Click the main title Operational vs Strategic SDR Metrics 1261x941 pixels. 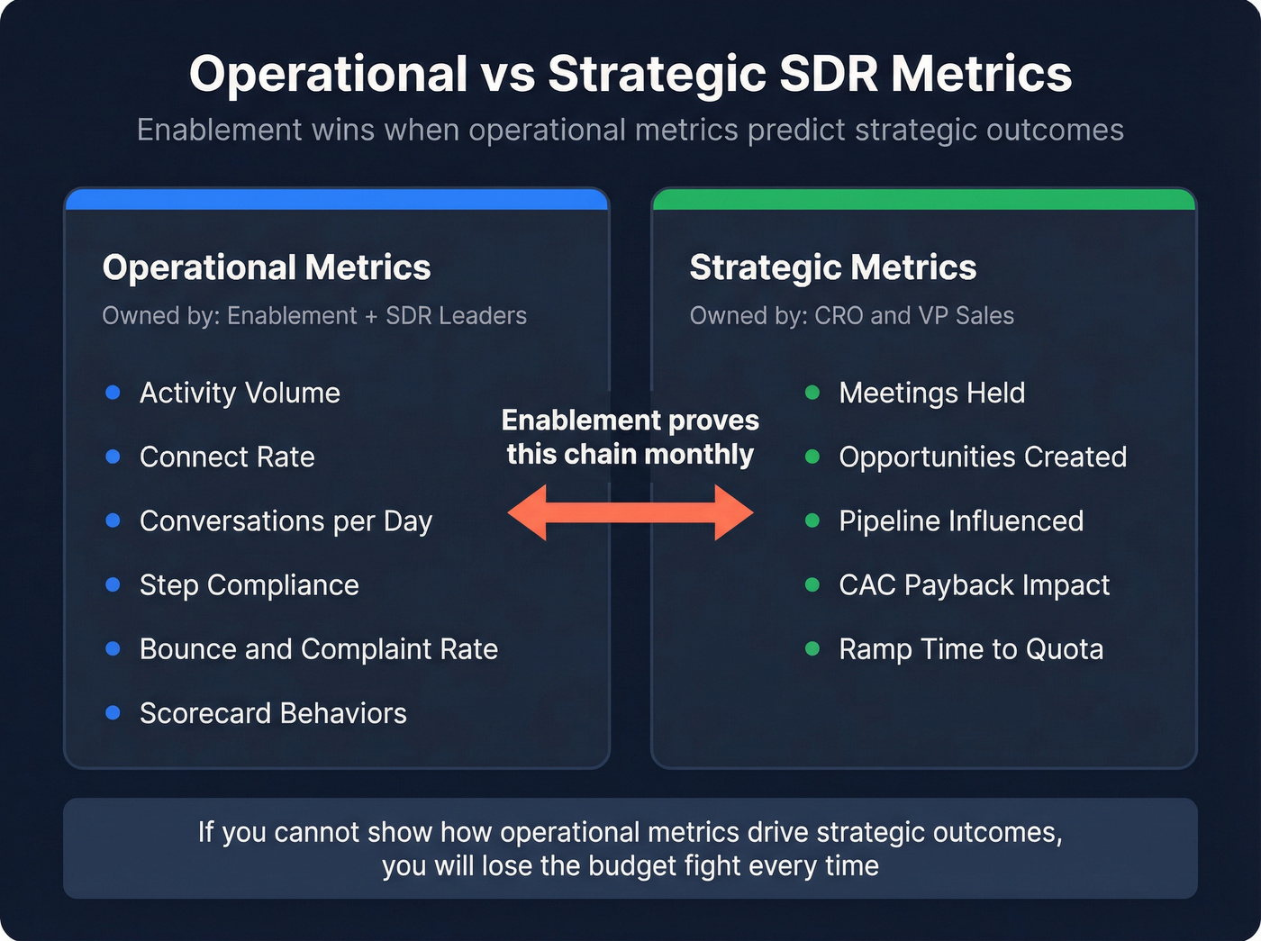click(630, 74)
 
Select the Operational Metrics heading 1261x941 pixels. click(267, 267)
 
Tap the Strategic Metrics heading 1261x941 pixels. click(832, 267)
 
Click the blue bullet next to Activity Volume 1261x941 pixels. click(113, 393)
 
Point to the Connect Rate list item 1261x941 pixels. click(227, 457)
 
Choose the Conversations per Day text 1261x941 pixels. click(286, 521)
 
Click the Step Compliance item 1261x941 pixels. click(249, 585)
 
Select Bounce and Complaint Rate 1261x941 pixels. click(318, 649)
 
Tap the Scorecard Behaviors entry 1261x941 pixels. click(273, 713)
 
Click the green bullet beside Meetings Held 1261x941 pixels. click(812, 393)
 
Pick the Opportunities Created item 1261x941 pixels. click(982, 457)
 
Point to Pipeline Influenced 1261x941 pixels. click(961, 521)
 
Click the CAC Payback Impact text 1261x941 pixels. click(974, 585)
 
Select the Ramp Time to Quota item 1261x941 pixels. click(970, 649)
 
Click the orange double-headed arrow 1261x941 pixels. click(630, 512)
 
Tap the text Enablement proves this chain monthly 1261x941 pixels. click(630, 437)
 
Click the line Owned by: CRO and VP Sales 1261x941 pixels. click(851, 316)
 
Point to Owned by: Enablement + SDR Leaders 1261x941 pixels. click(314, 316)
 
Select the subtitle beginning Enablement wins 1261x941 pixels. click(630, 131)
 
